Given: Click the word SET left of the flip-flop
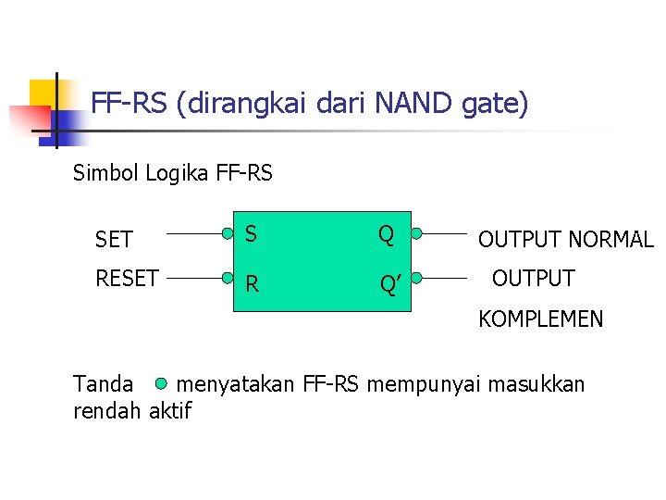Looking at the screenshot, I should (114, 240).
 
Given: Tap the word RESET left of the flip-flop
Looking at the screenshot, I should (127, 278).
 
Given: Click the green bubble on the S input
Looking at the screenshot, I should (228, 234).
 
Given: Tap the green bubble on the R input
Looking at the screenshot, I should (228, 276).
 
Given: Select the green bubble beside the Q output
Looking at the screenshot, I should (416, 234).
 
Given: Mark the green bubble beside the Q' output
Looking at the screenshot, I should (416, 276).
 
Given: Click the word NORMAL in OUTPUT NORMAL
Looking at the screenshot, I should (610, 240).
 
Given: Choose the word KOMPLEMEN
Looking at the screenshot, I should (540, 319).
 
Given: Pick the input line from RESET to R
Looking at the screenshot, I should (192, 276).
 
